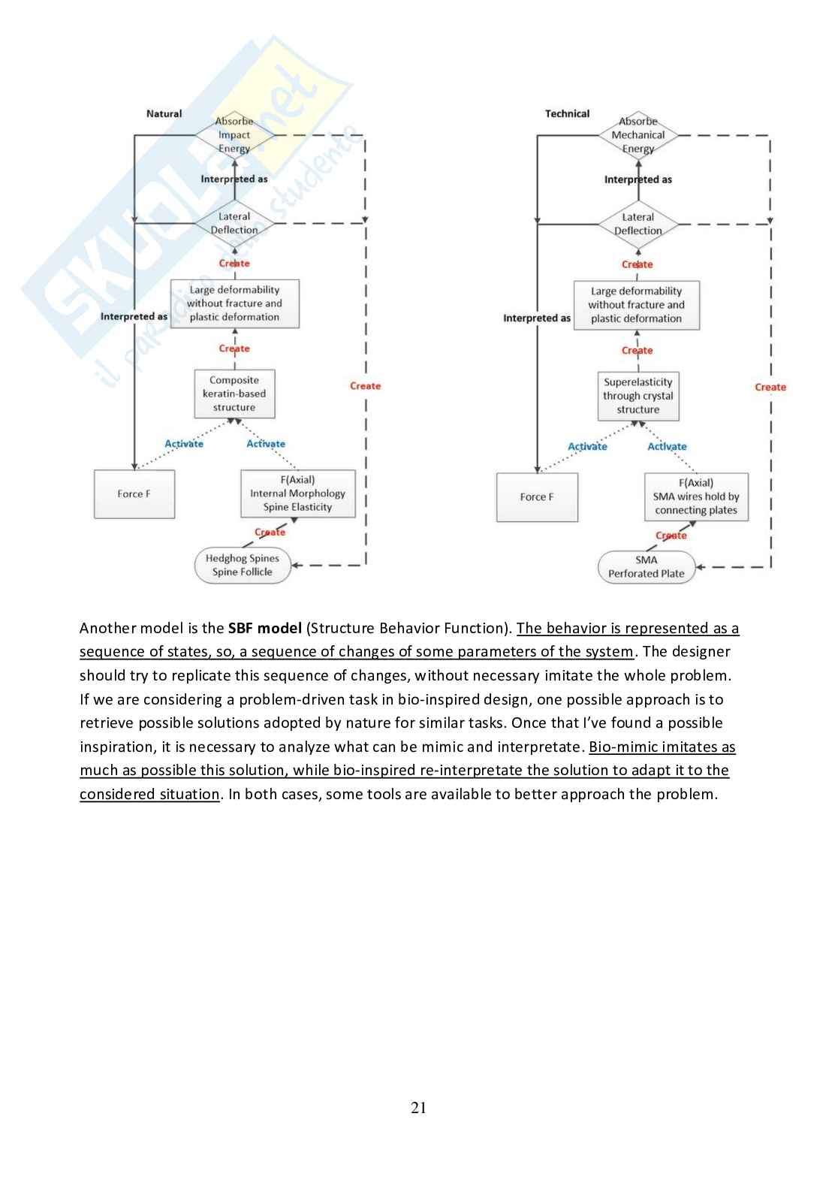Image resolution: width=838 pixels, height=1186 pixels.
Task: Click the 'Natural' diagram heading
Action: point(164,113)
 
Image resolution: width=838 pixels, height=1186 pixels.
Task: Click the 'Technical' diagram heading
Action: point(567,113)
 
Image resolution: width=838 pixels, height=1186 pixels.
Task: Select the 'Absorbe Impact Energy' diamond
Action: point(234,135)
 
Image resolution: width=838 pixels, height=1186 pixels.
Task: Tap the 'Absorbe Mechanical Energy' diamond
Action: point(638,135)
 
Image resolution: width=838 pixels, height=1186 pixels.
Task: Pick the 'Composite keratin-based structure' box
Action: point(234,394)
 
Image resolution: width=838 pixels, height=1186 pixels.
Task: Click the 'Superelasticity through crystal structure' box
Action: point(638,396)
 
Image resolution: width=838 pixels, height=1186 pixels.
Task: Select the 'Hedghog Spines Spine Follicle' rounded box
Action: point(242,565)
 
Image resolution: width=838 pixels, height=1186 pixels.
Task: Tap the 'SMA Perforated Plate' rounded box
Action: point(646,566)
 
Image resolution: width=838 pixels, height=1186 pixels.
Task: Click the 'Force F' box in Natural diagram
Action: point(134,494)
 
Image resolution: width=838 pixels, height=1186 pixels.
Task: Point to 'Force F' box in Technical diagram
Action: point(537,497)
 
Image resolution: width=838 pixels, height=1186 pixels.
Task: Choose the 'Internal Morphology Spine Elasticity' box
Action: point(297,493)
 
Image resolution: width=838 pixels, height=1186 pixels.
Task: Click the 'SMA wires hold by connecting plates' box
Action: point(696,496)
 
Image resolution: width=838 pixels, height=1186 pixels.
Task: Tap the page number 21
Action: point(419,1107)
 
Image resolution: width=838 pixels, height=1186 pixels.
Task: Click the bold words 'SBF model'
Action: point(264,628)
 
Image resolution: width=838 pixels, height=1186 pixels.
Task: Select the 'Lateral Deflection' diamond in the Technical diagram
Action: point(638,224)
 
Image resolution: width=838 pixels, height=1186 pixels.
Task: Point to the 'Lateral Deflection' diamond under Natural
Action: point(234,223)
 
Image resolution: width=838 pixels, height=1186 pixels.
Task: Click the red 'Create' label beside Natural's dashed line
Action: point(365,386)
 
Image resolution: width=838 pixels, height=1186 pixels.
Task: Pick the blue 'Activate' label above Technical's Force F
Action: point(587,446)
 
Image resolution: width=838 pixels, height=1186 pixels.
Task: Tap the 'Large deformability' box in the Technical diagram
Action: point(636,305)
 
